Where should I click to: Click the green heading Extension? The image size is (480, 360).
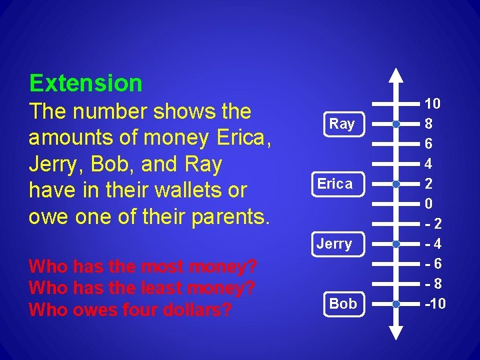pos(86,83)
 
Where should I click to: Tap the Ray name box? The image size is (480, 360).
pos(342,124)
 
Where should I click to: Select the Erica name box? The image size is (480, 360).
pos(335,184)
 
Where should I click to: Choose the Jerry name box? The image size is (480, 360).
pos(334,244)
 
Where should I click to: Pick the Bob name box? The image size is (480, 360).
pos(343,304)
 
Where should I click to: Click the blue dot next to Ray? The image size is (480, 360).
pos(396,124)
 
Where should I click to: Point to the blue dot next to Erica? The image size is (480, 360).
pos(396,184)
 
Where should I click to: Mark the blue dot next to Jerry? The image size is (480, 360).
pos(396,244)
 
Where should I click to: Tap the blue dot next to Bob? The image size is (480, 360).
pos(396,304)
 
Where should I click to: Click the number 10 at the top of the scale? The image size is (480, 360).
pos(433,104)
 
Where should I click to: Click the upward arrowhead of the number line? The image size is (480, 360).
pos(396,75)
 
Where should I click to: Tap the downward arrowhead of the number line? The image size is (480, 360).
pos(396,333)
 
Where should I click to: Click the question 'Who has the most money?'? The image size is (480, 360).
pos(143,267)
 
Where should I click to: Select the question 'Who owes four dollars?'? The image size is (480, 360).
pos(131,310)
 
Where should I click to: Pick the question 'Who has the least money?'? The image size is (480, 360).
pos(141,289)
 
